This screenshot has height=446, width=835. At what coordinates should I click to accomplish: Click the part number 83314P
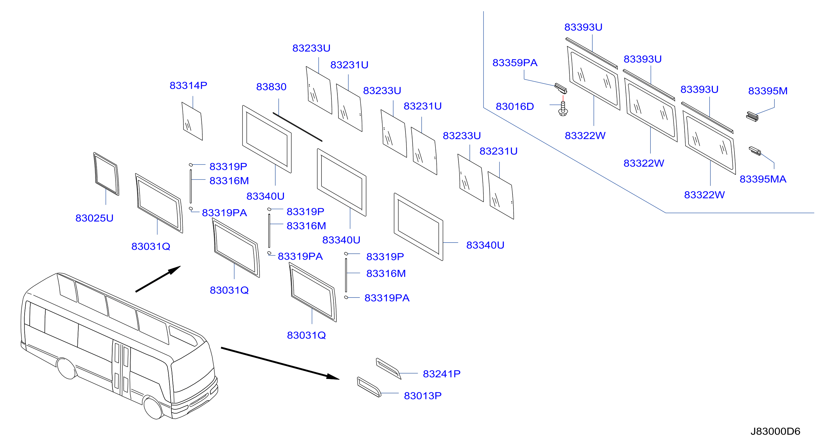coord(188,85)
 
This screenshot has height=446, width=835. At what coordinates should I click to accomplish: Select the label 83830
coord(271,87)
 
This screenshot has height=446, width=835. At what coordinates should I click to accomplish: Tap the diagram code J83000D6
coord(775,431)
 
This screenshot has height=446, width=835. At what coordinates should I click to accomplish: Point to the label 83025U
coord(94,218)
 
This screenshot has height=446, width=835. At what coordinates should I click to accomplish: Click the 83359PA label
coord(515,63)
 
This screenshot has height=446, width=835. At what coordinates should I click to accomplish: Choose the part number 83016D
coord(515,106)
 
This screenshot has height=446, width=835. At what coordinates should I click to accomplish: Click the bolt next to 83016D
coord(563,109)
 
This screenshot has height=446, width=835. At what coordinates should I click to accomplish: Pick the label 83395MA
coord(763,179)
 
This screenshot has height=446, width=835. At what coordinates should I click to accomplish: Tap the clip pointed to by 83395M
coord(752,117)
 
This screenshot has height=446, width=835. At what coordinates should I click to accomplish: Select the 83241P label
coord(442,374)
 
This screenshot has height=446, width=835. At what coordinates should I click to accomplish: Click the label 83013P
coord(423,396)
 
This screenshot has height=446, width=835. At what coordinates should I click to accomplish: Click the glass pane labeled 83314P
coord(192,121)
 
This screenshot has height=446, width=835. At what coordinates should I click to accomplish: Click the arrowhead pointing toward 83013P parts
coord(333,377)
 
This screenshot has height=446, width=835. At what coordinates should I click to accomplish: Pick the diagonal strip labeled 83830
coord(297,127)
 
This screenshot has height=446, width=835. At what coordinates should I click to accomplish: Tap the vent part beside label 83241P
coord(388,368)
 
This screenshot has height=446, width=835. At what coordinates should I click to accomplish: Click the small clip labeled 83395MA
coord(755,151)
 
